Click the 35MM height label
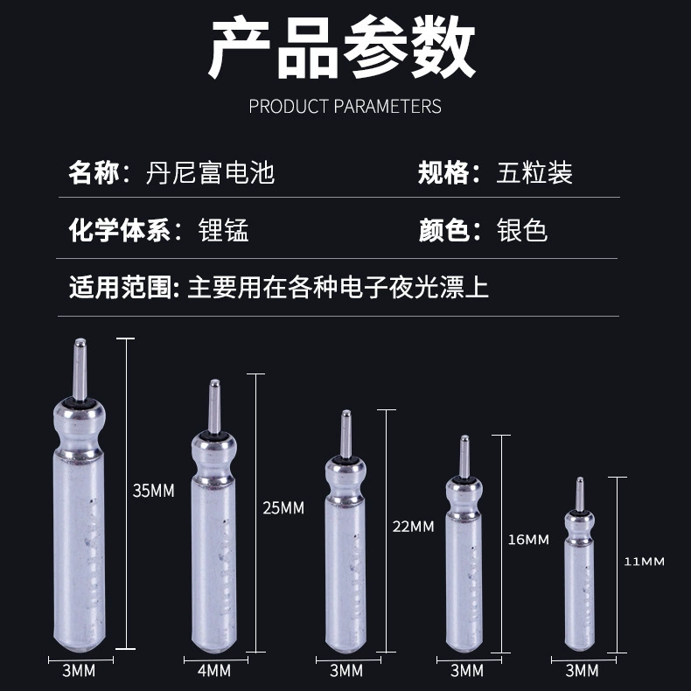pyautogui.click(x=153, y=491)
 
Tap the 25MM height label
pyautogui.click(x=283, y=507)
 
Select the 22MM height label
pyautogui.click(x=414, y=527)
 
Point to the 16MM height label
pyautogui.click(x=528, y=540)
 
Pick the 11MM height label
pyautogui.click(x=644, y=562)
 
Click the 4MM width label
pyautogui.click(x=214, y=671)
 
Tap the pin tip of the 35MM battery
pyautogui.click(x=80, y=340)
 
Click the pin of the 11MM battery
pyautogui.click(x=580, y=494)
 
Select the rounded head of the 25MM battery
pyautogui.click(x=214, y=454)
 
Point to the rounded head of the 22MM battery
pyautogui.click(x=345, y=477)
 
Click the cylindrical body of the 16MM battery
pyautogui.click(x=464, y=582)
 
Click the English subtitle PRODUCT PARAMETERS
pyautogui.click(x=345, y=106)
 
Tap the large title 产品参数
pyautogui.click(x=341, y=46)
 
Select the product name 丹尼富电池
pyautogui.click(x=210, y=172)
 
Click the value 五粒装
pyautogui.click(x=534, y=172)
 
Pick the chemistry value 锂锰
pyautogui.click(x=223, y=230)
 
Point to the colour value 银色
pyautogui.click(x=522, y=230)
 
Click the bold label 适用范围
pyautogui.click(x=121, y=287)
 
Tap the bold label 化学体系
pyautogui.click(x=120, y=230)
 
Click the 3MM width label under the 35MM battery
pyautogui.click(x=79, y=671)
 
